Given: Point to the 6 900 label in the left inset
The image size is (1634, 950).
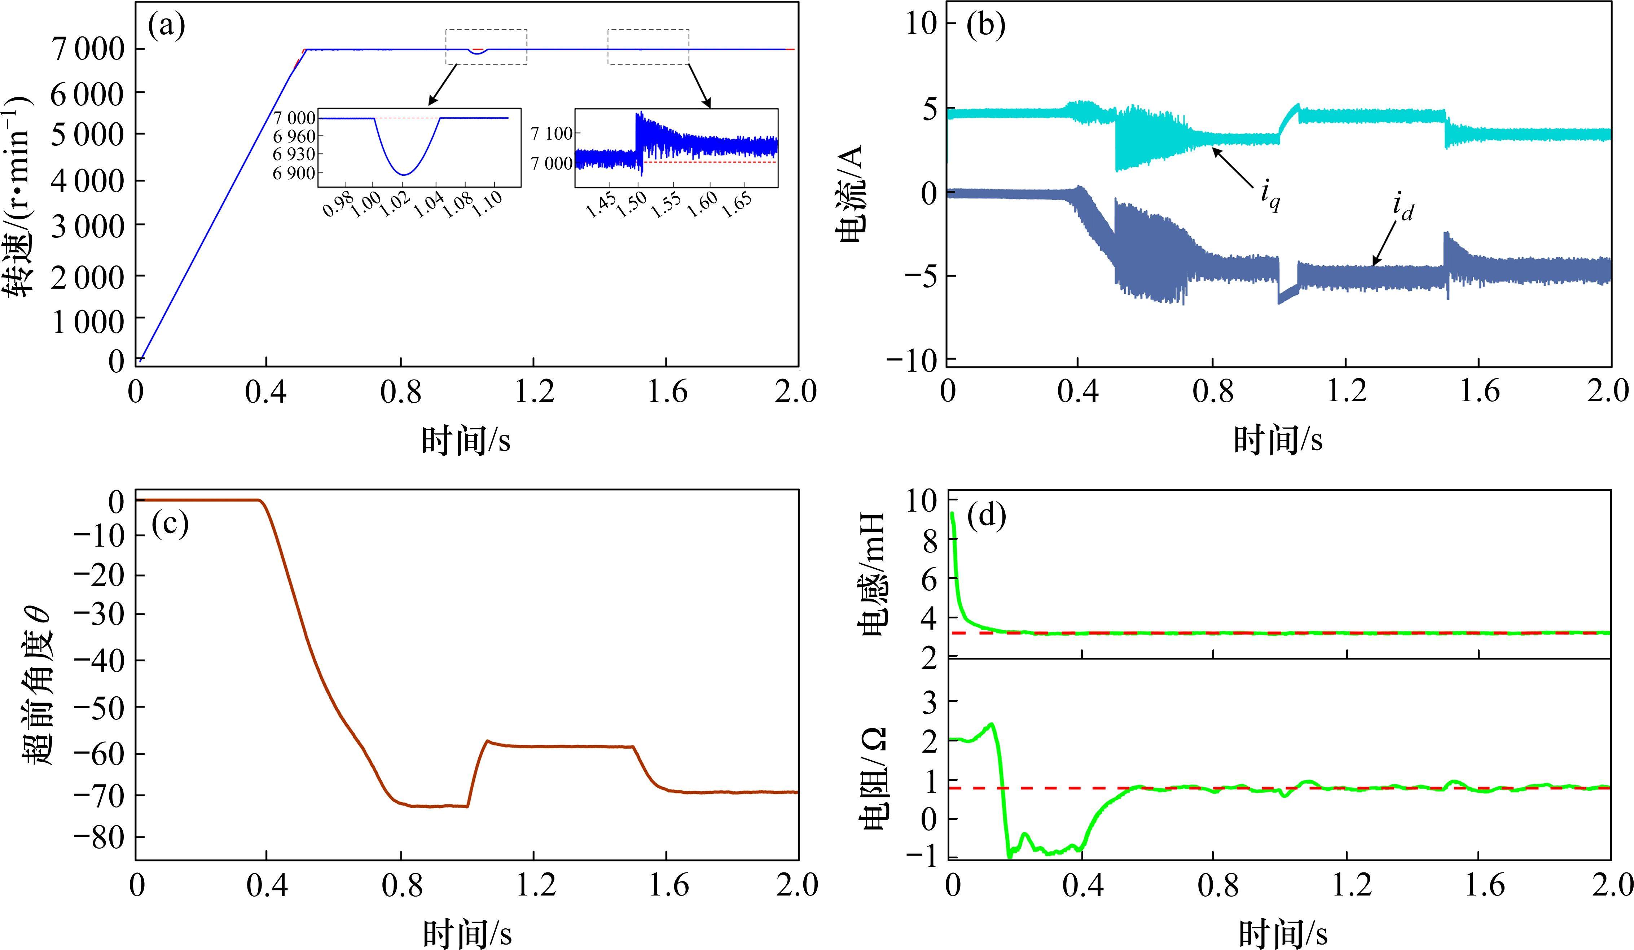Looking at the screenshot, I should [294, 173].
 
